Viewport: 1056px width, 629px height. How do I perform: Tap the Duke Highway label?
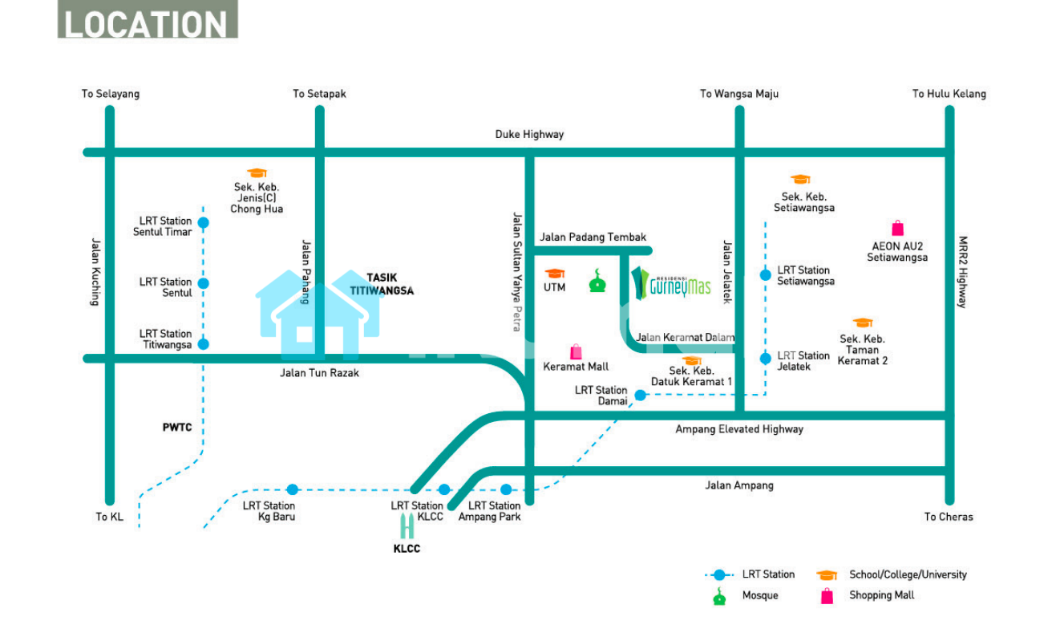529,135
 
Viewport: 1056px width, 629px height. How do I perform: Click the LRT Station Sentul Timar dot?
203,223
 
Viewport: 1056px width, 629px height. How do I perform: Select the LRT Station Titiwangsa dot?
203,344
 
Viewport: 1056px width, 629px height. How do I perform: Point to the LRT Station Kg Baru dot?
293,489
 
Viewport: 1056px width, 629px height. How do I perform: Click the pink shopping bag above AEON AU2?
897,229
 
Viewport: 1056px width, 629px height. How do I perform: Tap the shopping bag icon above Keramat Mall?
576,351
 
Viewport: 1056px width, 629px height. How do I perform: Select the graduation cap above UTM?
555,274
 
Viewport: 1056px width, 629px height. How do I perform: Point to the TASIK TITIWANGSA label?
382,284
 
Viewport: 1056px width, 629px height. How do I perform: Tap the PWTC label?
177,428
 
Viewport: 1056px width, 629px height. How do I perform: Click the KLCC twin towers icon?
407,526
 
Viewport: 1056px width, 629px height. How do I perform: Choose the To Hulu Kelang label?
949,94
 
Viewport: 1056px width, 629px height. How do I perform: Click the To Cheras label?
949,517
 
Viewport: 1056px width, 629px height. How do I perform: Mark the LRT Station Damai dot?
640,395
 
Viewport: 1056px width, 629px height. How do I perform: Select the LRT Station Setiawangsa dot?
765,275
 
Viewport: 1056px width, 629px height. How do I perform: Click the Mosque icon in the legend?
720,596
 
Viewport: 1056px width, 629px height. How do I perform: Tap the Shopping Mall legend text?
881,595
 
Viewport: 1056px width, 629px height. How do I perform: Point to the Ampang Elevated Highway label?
738,429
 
